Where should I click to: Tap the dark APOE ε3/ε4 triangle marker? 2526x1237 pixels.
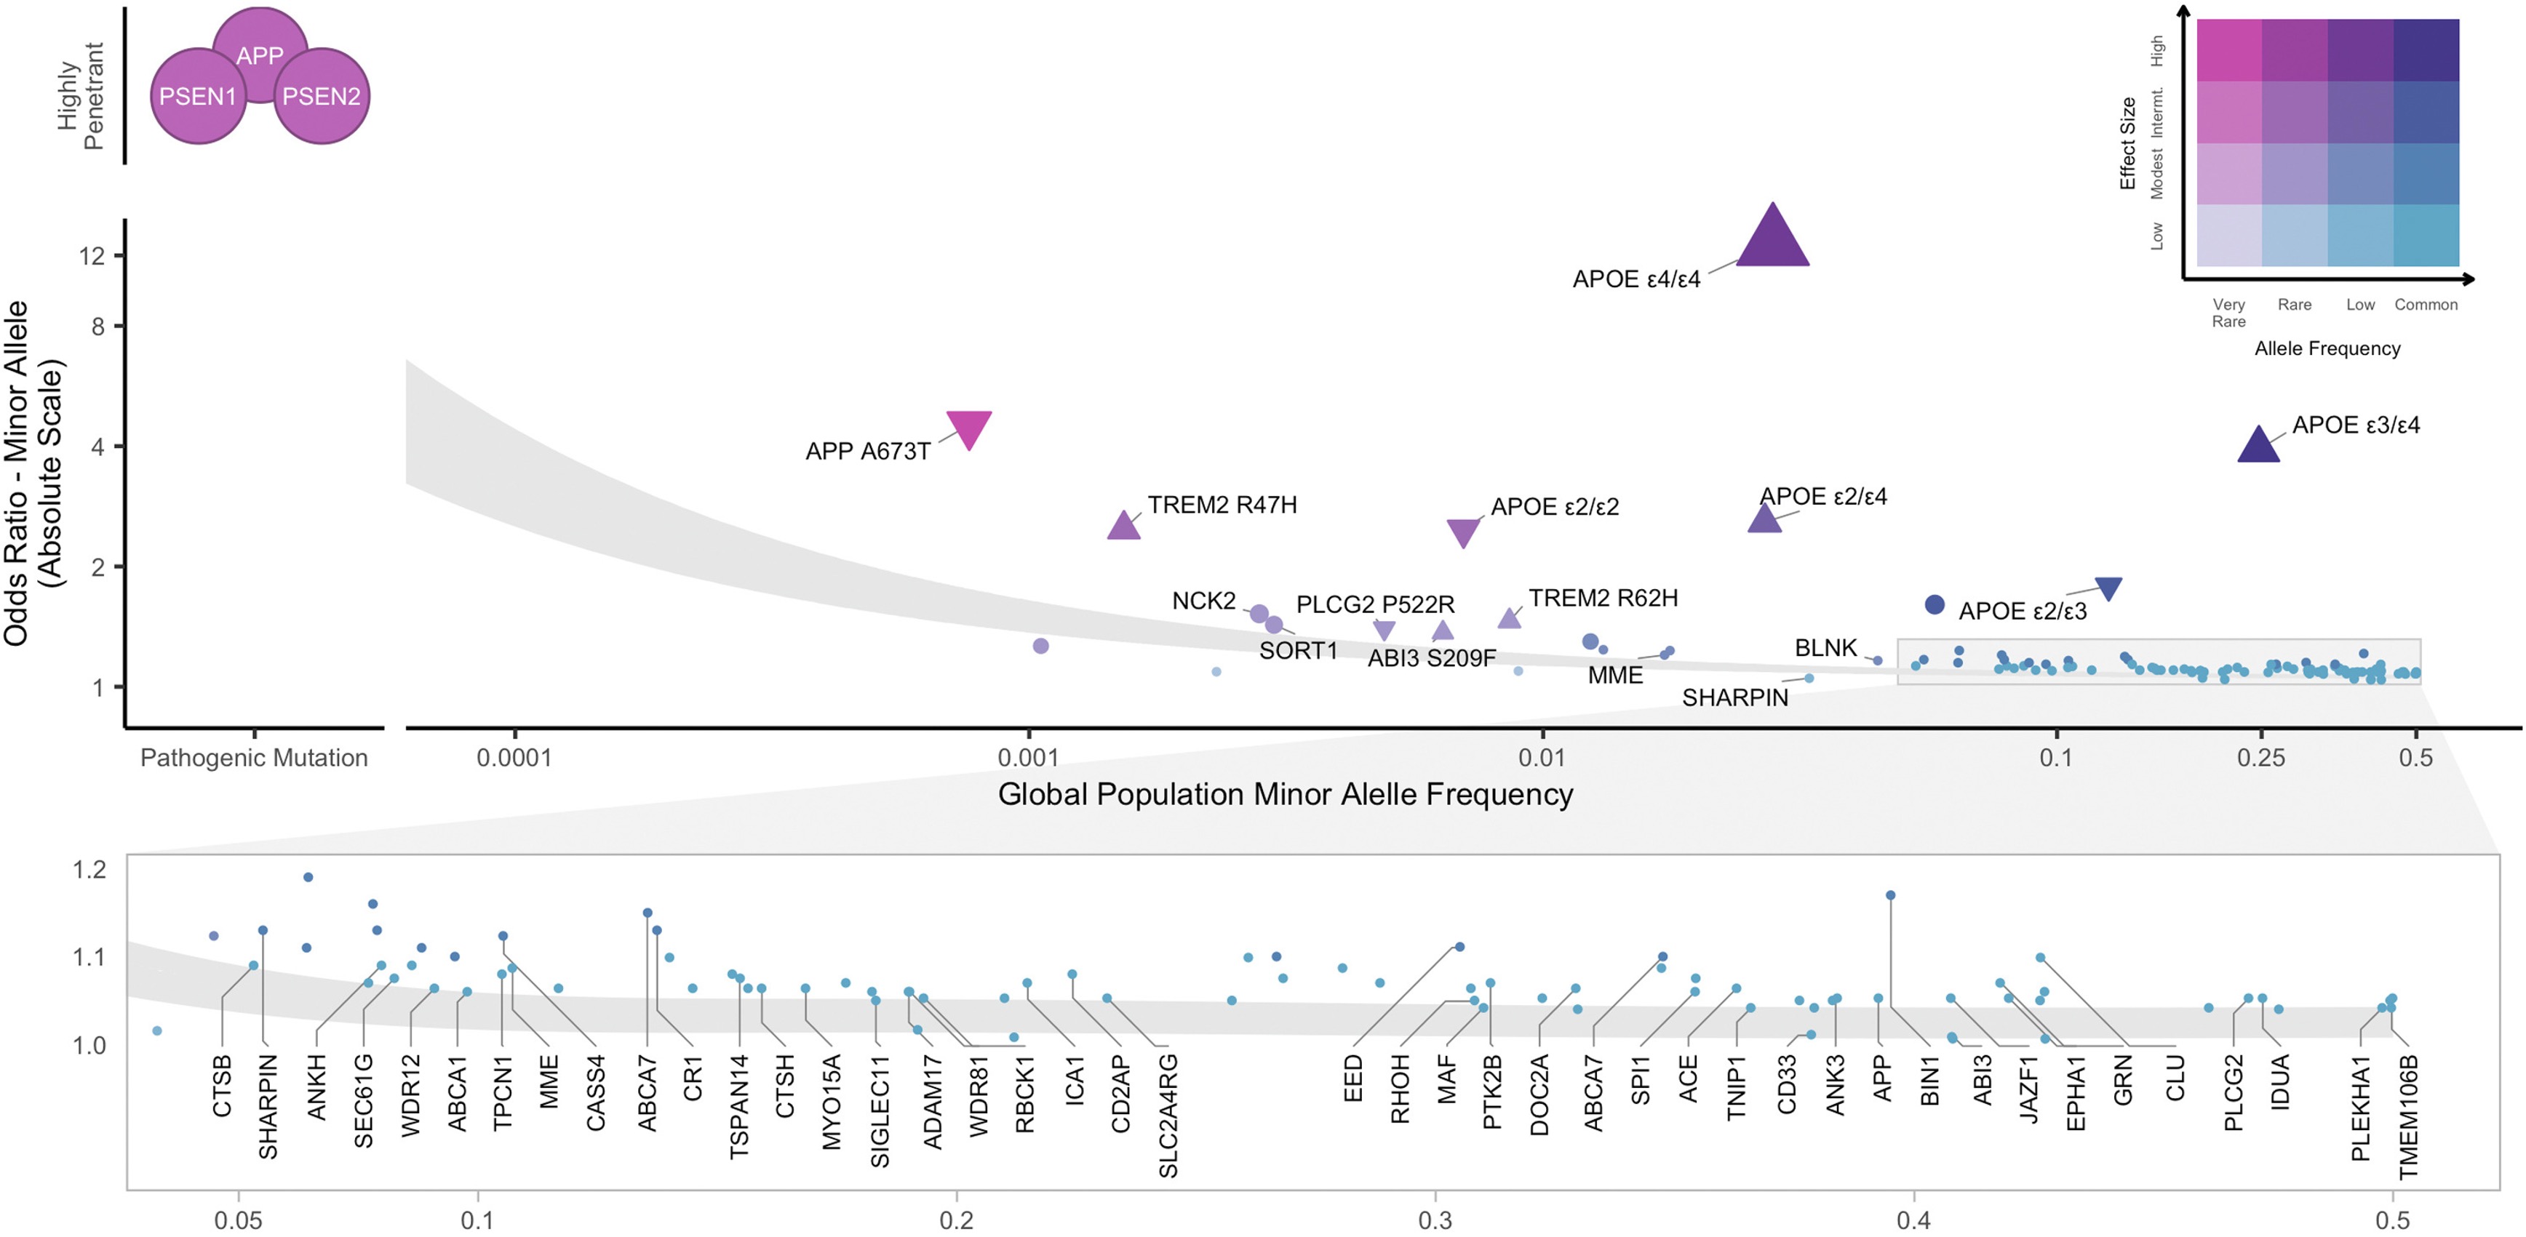click(x=2258, y=446)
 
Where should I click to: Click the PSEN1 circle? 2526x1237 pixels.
click(x=198, y=96)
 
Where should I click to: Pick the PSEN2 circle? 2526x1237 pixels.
click(x=322, y=96)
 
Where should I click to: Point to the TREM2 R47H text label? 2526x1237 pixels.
click(x=1222, y=505)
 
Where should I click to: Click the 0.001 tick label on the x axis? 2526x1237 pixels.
click(x=1029, y=758)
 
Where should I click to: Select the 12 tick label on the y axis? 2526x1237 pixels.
click(x=92, y=256)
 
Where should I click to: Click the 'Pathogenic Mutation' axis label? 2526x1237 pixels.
click(x=254, y=758)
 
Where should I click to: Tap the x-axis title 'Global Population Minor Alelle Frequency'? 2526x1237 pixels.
click(x=1285, y=794)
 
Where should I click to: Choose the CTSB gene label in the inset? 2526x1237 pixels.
click(x=223, y=1085)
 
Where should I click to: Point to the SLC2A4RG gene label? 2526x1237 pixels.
click(x=1168, y=1116)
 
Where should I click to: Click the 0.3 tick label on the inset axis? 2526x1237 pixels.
click(x=1435, y=1220)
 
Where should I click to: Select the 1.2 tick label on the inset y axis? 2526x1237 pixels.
click(x=89, y=870)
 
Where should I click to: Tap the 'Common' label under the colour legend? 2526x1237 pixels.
click(x=2426, y=305)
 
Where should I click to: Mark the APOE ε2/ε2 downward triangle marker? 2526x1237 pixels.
click(x=1463, y=532)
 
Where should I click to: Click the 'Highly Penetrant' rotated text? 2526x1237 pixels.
click(x=81, y=96)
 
